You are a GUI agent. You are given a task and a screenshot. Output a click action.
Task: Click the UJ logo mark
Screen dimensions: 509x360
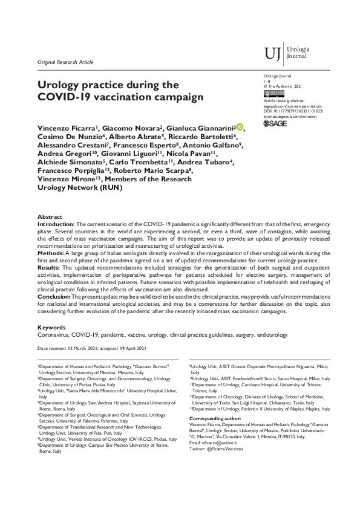[273, 54]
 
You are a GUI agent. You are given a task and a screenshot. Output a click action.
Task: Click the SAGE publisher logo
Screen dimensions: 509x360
[276, 123]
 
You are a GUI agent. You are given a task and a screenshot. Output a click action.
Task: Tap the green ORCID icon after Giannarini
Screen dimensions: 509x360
[240, 126]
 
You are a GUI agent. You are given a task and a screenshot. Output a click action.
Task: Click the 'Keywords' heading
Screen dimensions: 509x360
[52, 327]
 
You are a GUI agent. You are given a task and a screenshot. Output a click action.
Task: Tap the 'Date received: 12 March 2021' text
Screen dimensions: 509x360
[67, 349]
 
